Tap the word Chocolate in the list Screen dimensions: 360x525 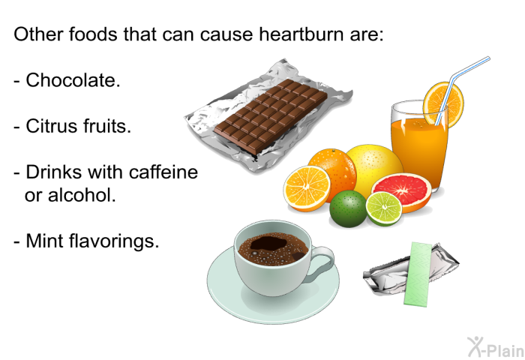73,80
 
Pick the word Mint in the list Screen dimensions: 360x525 44,241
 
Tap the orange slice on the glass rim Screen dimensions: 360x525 442,101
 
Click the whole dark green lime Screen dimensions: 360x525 348,208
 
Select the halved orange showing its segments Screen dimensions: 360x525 306,187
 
